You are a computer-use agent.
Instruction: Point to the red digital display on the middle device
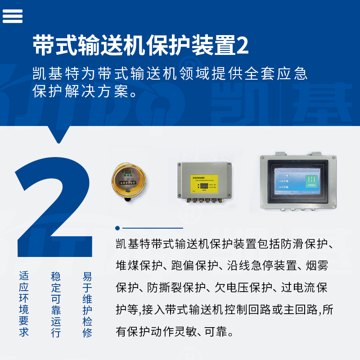coord(204,185)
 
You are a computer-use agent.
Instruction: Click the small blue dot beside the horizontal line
coord(117,228)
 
